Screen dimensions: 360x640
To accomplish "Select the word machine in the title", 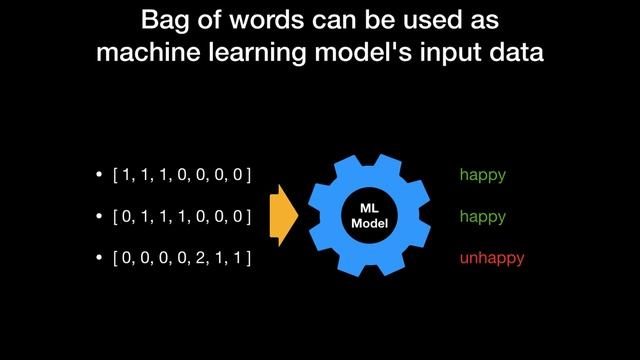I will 139,53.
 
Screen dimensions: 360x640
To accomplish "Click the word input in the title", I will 437,53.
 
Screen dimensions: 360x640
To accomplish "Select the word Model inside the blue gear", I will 368,222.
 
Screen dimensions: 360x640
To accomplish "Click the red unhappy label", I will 492,258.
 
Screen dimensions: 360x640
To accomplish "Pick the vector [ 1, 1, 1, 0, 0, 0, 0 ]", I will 182,175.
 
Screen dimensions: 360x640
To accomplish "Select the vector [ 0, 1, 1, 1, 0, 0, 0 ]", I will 182,216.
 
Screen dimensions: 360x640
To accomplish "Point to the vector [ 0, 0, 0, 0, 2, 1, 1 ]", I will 182,258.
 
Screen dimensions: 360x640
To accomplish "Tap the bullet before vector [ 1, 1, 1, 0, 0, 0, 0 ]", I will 98,176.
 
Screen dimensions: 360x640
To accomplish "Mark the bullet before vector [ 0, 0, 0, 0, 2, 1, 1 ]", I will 98,259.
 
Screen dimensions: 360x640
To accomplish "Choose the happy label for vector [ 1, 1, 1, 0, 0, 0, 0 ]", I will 483,175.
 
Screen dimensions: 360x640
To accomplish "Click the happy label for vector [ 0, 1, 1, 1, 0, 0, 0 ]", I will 483,216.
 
